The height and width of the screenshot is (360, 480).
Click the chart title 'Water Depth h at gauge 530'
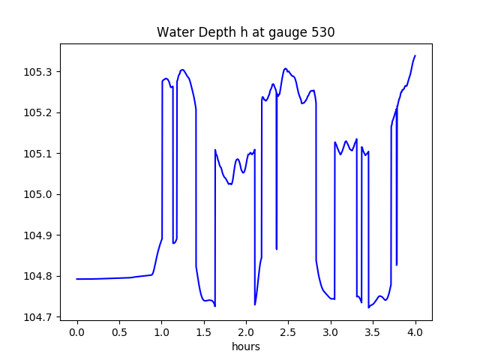[x=245, y=33]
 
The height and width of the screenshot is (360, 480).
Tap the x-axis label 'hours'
[x=245, y=346]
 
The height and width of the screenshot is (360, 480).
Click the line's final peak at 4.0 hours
[x=415, y=55]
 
